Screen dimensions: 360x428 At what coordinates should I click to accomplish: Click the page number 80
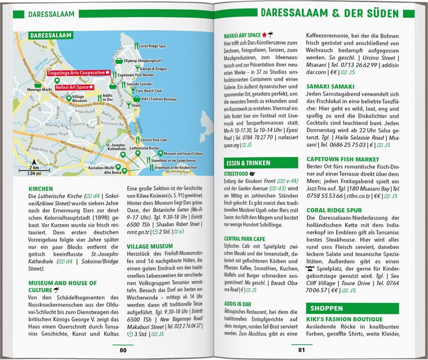(x=123, y=350)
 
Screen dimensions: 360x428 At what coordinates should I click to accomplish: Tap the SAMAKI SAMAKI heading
(x=329, y=87)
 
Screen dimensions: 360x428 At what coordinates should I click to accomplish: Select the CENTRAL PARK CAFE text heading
(x=245, y=238)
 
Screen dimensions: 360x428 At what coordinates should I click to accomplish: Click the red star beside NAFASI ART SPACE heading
(x=264, y=35)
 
